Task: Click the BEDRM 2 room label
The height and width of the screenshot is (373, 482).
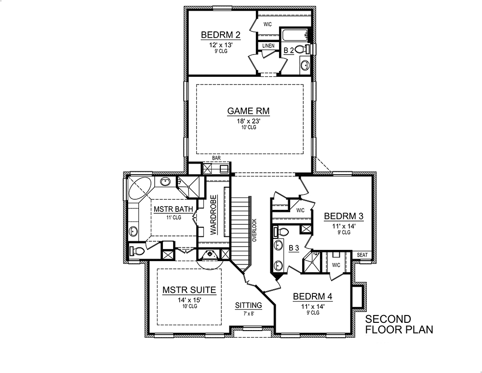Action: (220, 35)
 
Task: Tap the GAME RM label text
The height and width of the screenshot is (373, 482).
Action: (248, 111)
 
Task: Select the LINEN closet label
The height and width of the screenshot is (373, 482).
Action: (268, 46)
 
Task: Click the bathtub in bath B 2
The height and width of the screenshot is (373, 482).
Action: (294, 35)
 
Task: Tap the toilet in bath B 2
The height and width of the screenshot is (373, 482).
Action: (301, 49)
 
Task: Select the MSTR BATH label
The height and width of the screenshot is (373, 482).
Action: (174, 209)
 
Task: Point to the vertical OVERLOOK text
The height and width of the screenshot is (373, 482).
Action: (254, 230)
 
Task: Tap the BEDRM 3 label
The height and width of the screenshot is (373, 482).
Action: (343, 216)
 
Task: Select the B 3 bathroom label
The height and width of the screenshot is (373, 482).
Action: (295, 248)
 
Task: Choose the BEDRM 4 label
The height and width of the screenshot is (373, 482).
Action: (312, 297)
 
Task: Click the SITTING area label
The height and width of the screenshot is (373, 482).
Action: (248, 305)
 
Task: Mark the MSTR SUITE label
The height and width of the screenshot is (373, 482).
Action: (186, 290)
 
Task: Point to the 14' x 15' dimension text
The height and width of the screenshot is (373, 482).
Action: (186, 300)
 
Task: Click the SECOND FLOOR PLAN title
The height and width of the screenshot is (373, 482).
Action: (398, 324)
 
